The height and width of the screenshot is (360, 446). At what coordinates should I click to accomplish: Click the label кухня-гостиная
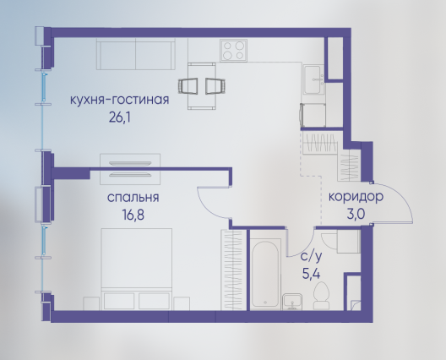119,100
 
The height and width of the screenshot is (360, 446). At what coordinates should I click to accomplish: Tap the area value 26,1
119,117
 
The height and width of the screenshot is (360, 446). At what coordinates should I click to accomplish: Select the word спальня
133,198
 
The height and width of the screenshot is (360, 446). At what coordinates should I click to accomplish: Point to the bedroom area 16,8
133,215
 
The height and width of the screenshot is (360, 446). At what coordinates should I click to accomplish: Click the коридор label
356,197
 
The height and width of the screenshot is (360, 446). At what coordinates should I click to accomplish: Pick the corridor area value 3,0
356,215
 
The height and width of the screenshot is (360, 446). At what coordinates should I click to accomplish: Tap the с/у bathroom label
312,257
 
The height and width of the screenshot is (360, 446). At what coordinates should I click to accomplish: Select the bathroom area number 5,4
311,275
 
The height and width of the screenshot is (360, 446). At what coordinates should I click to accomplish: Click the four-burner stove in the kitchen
233,51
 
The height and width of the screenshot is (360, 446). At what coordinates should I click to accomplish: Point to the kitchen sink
313,79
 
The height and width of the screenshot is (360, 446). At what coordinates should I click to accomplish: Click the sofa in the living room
136,54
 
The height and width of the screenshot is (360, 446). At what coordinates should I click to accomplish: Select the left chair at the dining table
188,85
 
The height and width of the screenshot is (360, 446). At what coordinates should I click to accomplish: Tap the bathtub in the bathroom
265,274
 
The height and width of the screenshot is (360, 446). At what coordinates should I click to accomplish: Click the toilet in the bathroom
321,296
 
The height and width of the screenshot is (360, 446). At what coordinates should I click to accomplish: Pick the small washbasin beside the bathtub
292,302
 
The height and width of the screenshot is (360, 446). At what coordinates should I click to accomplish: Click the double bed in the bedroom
137,270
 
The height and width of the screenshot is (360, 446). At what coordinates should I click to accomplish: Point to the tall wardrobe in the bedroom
233,270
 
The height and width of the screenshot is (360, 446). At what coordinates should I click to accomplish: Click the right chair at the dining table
215,85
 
